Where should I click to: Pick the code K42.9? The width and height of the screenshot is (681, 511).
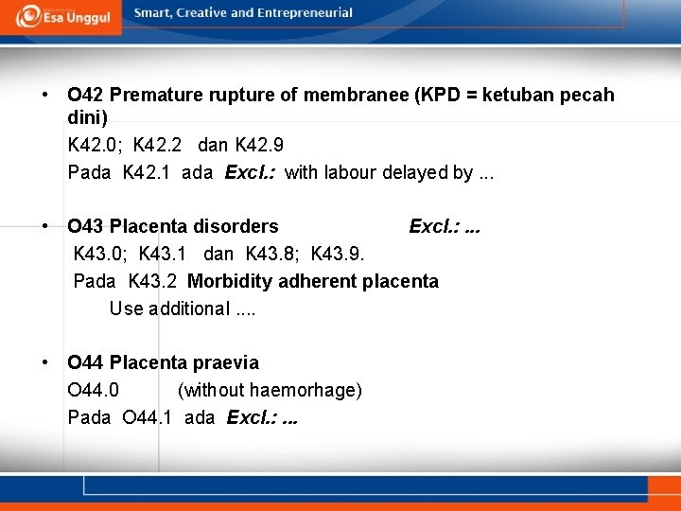coord(259,146)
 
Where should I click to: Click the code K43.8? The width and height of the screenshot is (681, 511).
coord(274,254)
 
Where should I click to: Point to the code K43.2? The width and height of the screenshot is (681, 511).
coord(154,281)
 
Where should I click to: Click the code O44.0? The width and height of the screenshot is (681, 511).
coord(94,390)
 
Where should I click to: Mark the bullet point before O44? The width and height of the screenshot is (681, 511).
coord(45,362)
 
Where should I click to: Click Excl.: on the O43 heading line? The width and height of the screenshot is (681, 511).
coord(433,226)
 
